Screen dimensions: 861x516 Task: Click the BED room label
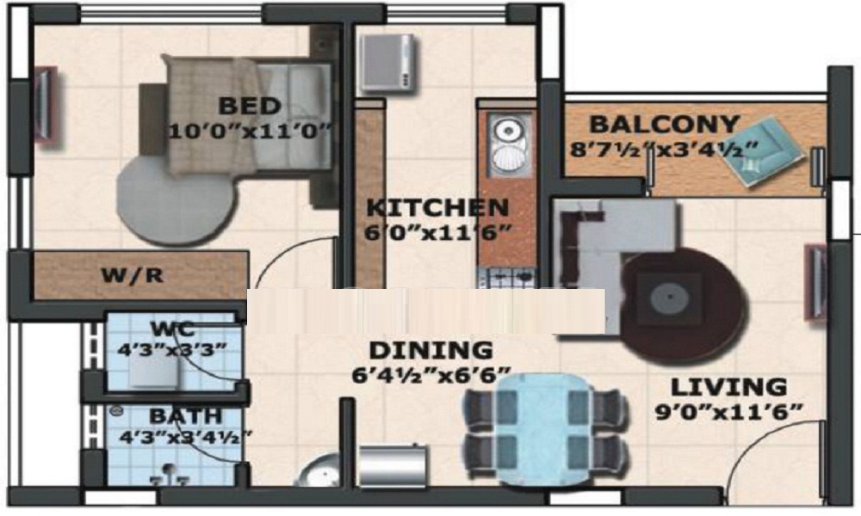click(250, 106)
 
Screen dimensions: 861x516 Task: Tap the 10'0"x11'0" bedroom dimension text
click(251, 132)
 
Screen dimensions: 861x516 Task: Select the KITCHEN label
click(437, 208)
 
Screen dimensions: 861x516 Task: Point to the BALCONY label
click(664, 125)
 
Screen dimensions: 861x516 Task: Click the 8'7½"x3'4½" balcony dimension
click(664, 149)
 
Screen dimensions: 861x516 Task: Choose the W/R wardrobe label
click(133, 274)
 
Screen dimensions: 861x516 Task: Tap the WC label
click(173, 329)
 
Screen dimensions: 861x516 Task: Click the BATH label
click(186, 415)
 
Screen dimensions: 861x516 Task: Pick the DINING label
click(430, 350)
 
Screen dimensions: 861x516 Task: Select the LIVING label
click(728, 387)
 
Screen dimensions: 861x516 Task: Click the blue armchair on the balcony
click(768, 150)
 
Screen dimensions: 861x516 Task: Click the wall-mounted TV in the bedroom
click(46, 105)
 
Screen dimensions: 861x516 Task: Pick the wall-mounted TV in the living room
click(815, 282)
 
